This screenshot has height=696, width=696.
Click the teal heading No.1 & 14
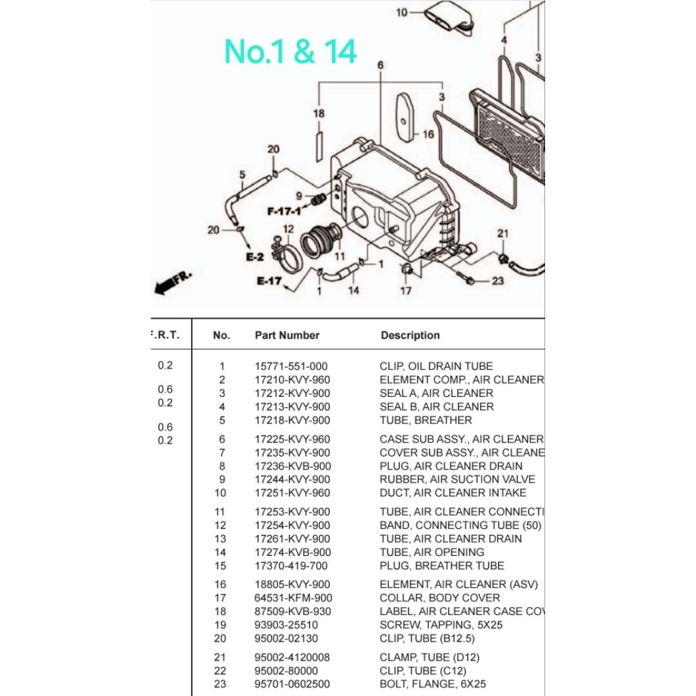(290, 52)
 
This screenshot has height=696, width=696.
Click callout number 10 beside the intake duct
(401, 12)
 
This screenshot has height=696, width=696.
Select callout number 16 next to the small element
(428, 135)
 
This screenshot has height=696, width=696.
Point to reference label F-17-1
(283, 211)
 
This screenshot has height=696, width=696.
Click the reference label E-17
(269, 281)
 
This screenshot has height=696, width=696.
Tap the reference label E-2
(254, 257)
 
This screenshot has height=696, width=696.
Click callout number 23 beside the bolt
(498, 281)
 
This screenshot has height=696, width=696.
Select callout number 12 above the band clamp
(288, 229)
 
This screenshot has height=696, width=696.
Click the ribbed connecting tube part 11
(318, 241)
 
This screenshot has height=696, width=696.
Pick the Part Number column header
(287, 335)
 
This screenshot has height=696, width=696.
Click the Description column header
(410, 335)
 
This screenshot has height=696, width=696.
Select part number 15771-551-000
(291, 366)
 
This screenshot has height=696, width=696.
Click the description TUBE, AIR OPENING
(432, 552)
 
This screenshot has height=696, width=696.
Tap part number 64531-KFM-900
(292, 597)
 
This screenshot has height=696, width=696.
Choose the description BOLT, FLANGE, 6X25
(432, 684)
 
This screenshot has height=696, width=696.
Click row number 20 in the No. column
(222, 638)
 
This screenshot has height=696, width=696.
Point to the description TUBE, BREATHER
(425, 420)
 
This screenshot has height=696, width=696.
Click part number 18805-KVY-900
(292, 584)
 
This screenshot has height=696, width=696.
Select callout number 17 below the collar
(406, 291)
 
